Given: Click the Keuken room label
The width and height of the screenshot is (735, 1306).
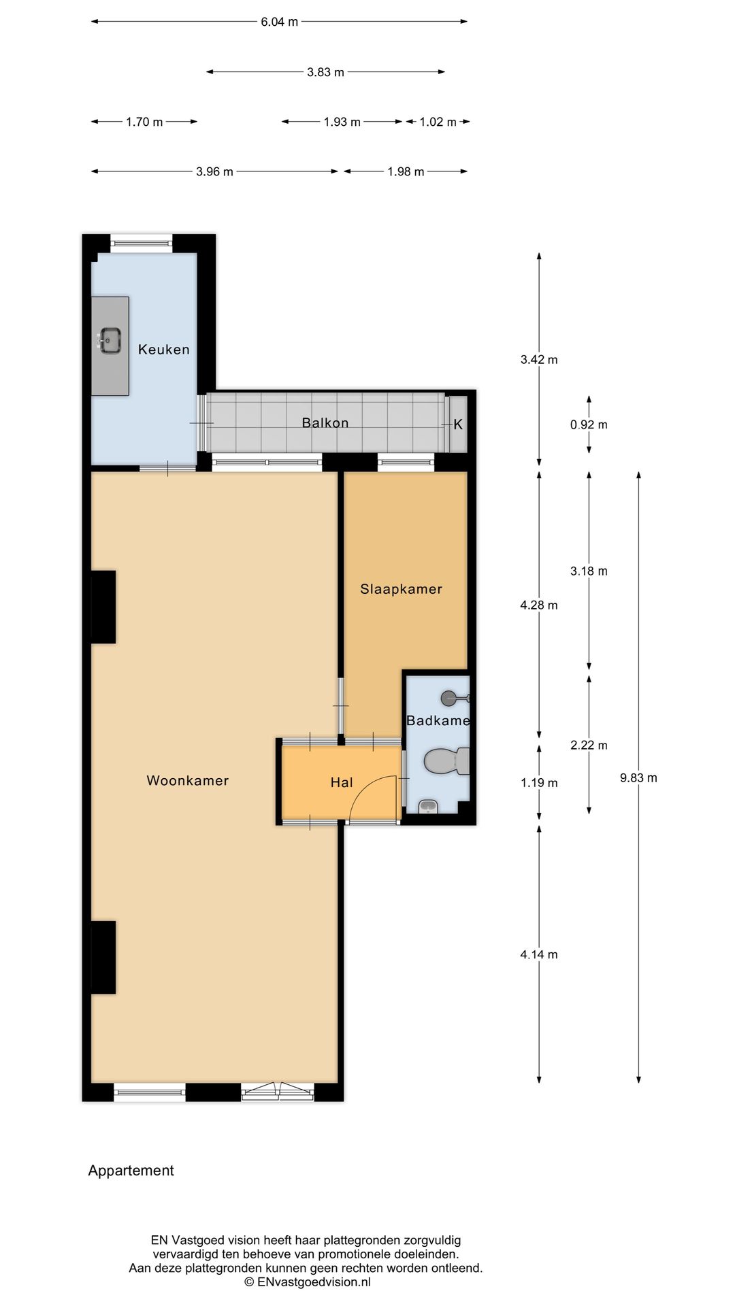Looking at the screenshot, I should [x=163, y=350].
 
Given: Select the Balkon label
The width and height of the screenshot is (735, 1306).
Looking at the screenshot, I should [x=325, y=423].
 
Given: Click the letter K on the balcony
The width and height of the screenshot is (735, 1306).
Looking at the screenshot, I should [x=457, y=424].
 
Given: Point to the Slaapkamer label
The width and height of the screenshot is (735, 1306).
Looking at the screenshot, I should [x=401, y=589].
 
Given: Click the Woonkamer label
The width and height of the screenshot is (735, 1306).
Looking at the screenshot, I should [x=188, y=781].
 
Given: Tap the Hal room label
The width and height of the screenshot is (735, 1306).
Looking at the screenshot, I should [x=341, y=783].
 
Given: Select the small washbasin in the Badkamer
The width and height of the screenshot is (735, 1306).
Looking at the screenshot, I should [x=427, y=807].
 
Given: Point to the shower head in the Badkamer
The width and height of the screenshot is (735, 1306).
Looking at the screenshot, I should [x=450, y=698].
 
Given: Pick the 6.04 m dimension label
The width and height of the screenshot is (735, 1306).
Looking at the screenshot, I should [x=279, y=22].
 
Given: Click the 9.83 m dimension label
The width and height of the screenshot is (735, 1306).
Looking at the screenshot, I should [x=638, y=778].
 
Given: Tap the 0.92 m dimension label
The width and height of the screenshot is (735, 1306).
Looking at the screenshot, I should [x=589, y=425].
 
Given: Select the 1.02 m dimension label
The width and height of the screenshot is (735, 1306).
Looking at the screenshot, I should [x=438, y=122].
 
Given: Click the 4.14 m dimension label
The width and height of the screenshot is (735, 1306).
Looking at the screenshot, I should [x=539, y=955].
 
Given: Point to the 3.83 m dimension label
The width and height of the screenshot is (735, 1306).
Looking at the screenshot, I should [x=325, y=72].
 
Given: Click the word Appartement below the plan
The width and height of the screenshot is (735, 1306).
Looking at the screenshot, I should [x=131, y=1171].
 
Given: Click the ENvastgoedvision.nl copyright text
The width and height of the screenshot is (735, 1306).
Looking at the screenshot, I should [x=308, y=1282].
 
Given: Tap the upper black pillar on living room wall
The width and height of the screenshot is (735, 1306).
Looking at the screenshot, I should [x=103, y=607].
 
